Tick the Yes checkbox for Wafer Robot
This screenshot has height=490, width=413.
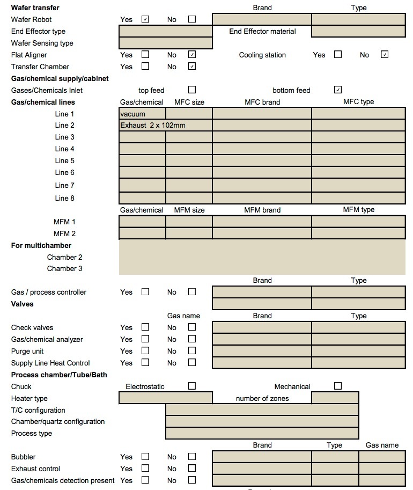coord(145,19)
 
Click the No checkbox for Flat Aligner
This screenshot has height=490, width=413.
coord(192,55)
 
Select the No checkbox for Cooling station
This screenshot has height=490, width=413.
coord(384,55)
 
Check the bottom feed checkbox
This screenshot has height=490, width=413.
coord(338,90)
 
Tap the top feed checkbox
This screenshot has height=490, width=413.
coord(192,90)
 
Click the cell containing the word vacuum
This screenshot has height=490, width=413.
coord(142,114)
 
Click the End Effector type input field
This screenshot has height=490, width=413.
coord(165,31)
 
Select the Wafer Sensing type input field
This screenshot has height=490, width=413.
coord(165,43)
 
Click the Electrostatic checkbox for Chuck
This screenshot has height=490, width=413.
coord(192,386)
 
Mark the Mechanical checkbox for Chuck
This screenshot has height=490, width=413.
coord(338,386)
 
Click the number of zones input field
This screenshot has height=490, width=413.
coord(335,398)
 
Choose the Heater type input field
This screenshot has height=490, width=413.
coord(165,398)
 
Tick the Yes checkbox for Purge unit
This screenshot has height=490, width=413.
coord(145,351)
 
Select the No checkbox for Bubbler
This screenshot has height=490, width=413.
coord(192,457)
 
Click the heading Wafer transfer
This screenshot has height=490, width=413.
coord(35,8)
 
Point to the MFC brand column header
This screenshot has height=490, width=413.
coord(262,102)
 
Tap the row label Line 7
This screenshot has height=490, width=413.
coord(65,185)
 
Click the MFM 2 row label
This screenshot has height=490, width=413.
coord(65,233)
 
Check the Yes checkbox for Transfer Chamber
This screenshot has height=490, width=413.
coord(145,67)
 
